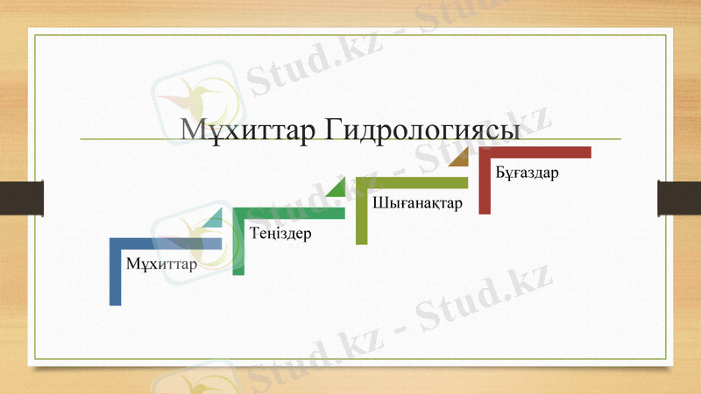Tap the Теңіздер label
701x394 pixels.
pos(280,234)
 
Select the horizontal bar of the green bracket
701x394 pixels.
pos(289,213)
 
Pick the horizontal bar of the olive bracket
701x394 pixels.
pos(412,182)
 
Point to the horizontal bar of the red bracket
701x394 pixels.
pos(535,152)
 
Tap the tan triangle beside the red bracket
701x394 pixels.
pos(461,158)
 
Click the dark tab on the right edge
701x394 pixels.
pos(679,197)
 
